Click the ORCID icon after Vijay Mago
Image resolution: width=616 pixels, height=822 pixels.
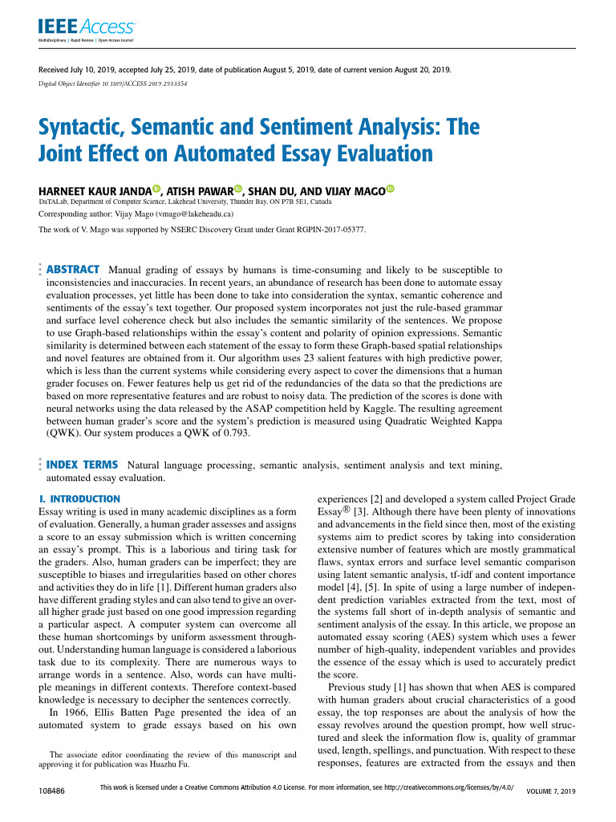391,190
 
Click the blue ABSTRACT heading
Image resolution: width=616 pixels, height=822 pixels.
73,270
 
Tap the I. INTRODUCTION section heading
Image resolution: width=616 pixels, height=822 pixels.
79,499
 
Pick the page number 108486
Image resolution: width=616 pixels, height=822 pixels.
51,791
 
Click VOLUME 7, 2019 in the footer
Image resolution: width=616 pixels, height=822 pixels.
550,792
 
